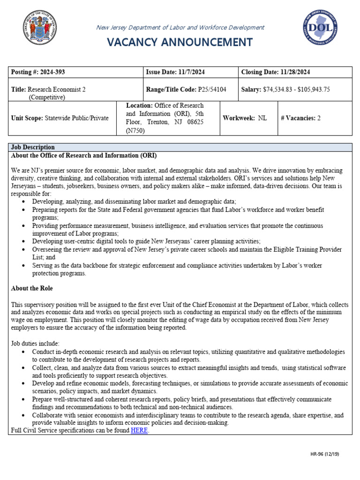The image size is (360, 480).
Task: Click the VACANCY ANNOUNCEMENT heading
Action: click(x=180, y=42)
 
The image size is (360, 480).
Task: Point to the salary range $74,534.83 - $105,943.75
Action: click(x=296, y=90)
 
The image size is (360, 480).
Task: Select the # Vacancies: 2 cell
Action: click(x=300, y=118)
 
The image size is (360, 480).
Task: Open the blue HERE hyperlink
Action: click(x=139, y=430)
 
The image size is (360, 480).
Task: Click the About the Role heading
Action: click(x=32, y=288)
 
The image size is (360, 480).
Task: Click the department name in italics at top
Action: click(x=180, y=28)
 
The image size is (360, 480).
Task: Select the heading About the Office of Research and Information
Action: click(x=84, y=156)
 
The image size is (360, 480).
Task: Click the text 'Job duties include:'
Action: click(x=35, y=344)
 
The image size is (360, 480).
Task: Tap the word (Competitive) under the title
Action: click(x=47, y=97)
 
